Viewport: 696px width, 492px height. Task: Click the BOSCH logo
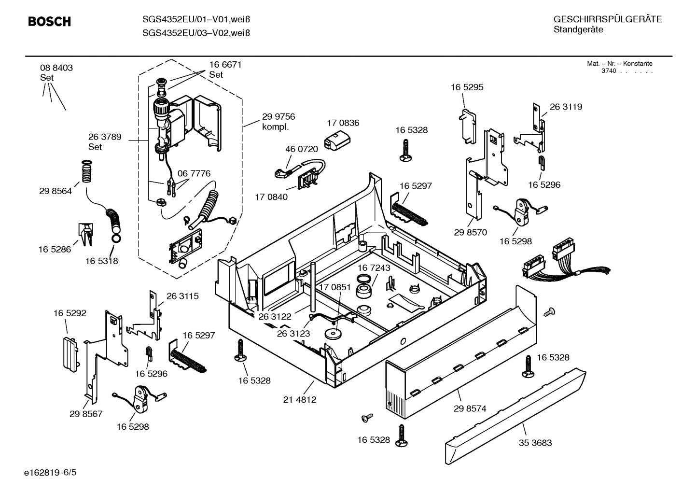point(49,22)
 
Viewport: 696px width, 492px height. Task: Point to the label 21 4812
point(300,399)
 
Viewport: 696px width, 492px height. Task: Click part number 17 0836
point(343,123)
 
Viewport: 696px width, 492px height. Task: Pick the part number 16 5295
point(467,87)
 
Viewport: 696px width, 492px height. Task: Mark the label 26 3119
point(566,107)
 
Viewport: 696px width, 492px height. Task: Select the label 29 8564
point(56,191)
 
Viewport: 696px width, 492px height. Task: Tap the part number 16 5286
point(55,249)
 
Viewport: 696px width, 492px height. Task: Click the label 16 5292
point(70,313)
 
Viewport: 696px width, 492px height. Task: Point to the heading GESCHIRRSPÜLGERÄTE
point(607,19)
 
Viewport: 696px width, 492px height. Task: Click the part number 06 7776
point(194,173)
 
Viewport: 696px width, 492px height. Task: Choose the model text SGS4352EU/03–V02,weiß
point(196,33)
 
